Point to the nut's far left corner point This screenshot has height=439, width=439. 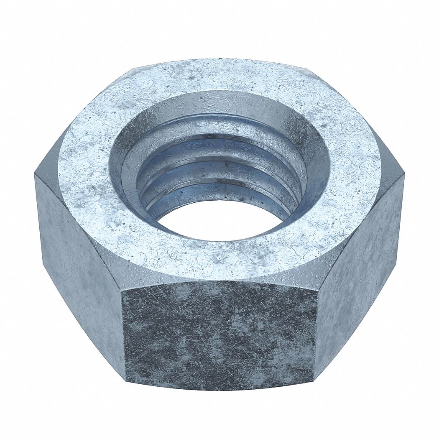(35, 176)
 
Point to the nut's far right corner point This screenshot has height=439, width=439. (404, 176)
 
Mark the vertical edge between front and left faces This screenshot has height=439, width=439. (123, 326)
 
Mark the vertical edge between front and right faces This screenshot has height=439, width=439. (316, 326)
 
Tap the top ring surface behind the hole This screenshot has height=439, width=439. (217, 77)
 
